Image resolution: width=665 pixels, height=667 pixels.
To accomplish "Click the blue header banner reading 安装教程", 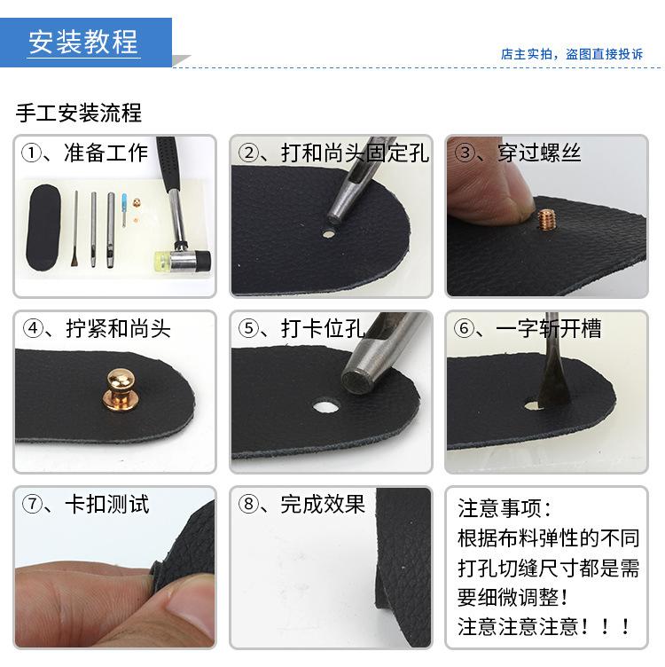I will [84, 42].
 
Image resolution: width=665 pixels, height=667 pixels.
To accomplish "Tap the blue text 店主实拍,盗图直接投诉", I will [571, 54].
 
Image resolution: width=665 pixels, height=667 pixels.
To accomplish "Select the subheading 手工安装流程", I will [79, 114].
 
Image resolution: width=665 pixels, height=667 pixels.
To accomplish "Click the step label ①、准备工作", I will [86, 153].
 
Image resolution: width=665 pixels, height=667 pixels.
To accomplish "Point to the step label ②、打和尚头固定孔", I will [333, 153].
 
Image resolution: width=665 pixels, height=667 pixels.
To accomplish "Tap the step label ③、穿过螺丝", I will [518, 153].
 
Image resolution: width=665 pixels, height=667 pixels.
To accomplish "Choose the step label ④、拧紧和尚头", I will [97, 329].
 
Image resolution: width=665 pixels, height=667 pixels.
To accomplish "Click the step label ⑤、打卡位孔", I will [301, 329].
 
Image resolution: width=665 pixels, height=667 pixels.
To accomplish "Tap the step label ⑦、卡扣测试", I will [86, 505].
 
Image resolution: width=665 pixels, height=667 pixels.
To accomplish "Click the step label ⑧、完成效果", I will [301, 505].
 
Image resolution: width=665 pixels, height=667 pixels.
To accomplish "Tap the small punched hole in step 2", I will [328, 235].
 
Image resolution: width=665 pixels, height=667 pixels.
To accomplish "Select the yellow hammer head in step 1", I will [161, 261].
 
